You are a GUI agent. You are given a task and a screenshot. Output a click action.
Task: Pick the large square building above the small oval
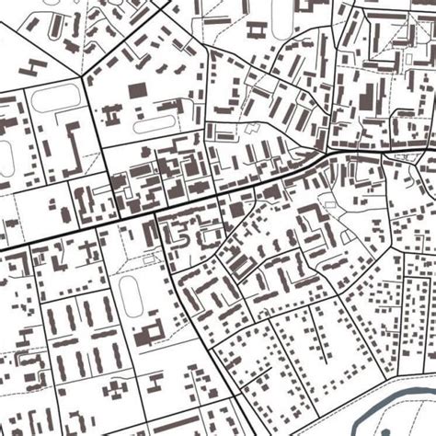click(x=137, y=92)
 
